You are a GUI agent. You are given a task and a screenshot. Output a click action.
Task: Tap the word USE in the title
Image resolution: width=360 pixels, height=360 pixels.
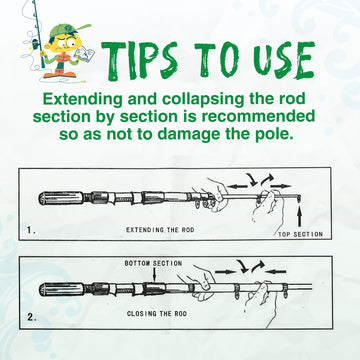(x=283, y=60)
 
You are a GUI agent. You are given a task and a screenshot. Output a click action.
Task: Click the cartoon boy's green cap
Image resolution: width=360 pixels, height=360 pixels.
(x=68, y=30)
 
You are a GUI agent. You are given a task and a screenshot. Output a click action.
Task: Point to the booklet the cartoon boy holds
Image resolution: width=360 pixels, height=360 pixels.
(x=84, y=54)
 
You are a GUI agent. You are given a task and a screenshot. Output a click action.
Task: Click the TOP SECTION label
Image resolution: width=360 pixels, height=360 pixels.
(x=300, y=234)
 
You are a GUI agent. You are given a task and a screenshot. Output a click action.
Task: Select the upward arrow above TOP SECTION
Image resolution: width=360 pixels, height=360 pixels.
(x=299, y=217)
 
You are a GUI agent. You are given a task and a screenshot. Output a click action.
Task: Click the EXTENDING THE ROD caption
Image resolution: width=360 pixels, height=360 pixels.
(x=160, y=230)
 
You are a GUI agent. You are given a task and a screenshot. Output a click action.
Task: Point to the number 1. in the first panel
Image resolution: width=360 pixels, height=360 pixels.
(x=32, y=230)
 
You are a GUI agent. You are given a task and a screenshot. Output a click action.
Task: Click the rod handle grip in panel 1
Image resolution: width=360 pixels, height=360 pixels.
(x=61, y=198)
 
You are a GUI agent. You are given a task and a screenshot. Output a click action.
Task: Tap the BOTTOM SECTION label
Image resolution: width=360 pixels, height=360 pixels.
(x=153, y=263)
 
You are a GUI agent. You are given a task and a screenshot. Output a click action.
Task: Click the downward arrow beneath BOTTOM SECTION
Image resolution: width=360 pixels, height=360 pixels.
(x=154, y=274)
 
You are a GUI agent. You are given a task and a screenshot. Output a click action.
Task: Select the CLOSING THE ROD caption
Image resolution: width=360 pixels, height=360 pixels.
(x=157, y=314)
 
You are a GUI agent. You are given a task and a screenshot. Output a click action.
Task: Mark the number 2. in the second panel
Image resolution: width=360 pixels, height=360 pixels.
(x=32, y=317)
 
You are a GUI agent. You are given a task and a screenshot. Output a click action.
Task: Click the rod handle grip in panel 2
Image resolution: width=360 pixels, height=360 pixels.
(x=62, y=289)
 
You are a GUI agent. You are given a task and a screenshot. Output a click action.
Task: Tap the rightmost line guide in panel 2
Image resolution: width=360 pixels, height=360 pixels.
(x=285, y=291)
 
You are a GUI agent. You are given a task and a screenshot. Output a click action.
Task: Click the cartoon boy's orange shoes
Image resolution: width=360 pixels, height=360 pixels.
(x=60, y=75)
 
